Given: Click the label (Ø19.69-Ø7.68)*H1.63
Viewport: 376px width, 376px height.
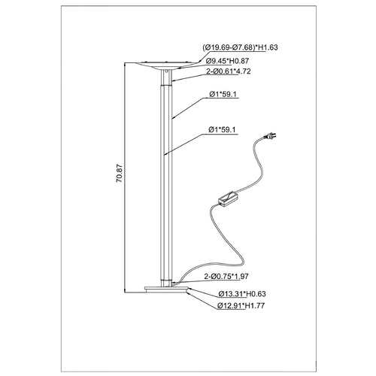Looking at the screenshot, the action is pos(240,47).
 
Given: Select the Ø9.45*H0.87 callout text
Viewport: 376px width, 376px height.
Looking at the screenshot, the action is pos(227,61).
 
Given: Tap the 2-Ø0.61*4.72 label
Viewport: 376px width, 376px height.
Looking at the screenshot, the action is pos(229,71).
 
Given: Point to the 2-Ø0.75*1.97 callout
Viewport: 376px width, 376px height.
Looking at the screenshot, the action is pos(226,276).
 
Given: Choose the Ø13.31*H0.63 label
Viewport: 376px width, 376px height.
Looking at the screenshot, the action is pos(242,294).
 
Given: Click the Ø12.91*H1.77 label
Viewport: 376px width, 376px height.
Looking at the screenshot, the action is pos(241,305).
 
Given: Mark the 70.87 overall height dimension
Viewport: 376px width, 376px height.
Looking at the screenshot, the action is pos(120,173).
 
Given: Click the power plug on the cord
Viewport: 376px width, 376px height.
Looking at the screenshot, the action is pos(271,136).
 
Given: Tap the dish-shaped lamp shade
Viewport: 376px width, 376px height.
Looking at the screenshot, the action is pos(166,65).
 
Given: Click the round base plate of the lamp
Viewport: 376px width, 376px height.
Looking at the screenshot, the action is pos(166,290).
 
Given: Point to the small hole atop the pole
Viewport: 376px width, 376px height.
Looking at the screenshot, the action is pos(167,71).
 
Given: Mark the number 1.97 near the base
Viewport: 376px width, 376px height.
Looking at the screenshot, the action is pos(241,276).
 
